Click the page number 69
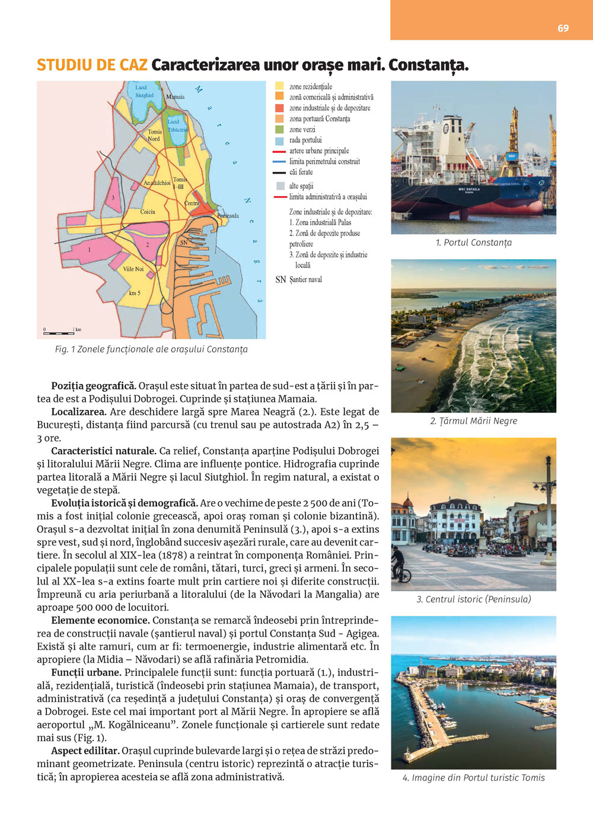[563, 28]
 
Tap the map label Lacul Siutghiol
[144, 91]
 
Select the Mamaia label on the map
[175, 97]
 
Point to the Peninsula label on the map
[228, 216]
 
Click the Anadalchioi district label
[157, 183]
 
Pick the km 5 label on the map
[135, 293]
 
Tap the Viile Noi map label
[133, 269]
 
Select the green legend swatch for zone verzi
[279, 129]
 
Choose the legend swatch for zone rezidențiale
[279, 87]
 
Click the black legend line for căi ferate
[279, 173]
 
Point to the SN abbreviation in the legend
[280, 280]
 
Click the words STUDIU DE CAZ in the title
[92, 65]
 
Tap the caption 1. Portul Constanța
[473, 242]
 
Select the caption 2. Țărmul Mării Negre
[473, 421]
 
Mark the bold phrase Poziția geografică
[94, 386]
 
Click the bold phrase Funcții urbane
[87, 672]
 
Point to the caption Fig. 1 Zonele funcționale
[151, 349]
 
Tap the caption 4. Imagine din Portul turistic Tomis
[473, 778]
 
